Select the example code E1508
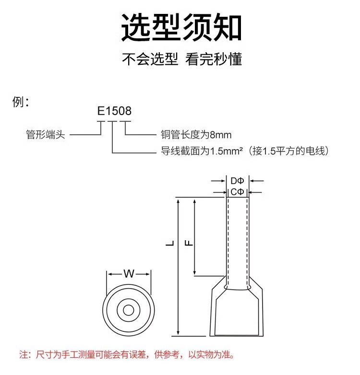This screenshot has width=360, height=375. [x=114, y=111]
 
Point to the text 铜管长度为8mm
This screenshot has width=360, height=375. [x=196, y=135]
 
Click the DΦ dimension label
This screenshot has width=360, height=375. [x=238, y=181]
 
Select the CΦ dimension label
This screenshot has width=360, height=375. [x=238, y=192]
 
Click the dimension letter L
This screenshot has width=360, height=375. [x=170, y=244]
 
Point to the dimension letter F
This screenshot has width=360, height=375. [x=190, y=243]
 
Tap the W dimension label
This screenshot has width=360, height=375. [x=129, y=274]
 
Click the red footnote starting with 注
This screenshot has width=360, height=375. [x=127, y=355]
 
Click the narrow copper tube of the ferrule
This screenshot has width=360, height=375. [x=238, y=240]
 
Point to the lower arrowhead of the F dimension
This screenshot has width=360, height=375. [x=194, y=273]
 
